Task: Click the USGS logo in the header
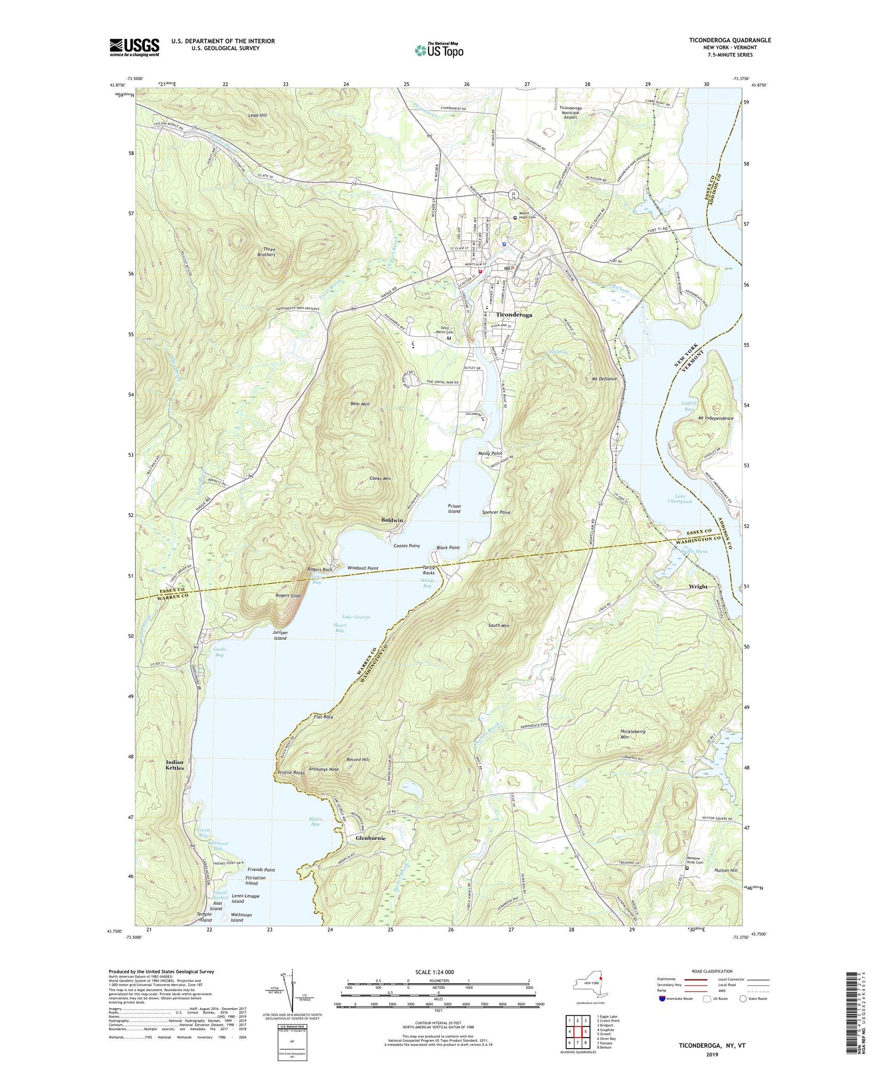134,47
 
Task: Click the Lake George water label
356,617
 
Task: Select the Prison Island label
454,508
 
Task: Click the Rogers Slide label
288,596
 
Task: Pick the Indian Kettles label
175,764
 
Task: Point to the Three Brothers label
266,252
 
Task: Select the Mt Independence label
716,418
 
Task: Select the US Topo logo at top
439,50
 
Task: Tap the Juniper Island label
280,635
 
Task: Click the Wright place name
698,586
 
